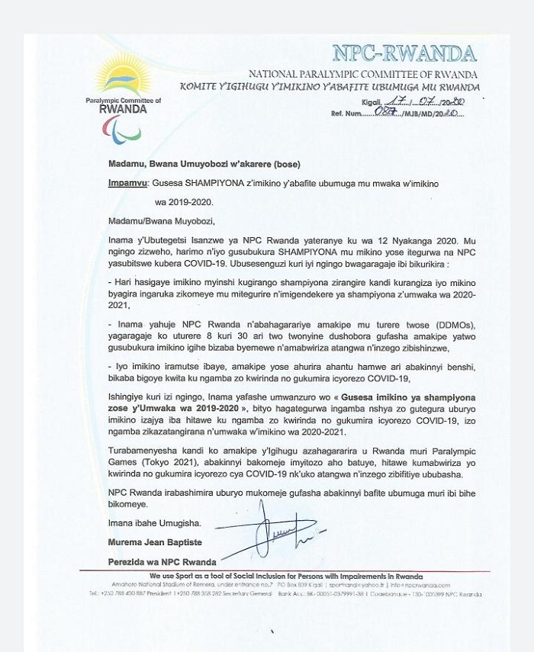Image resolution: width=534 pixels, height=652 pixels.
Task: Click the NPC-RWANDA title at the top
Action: pos(404,53)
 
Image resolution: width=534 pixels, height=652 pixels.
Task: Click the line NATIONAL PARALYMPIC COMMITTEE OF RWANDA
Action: pos(362,74)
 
